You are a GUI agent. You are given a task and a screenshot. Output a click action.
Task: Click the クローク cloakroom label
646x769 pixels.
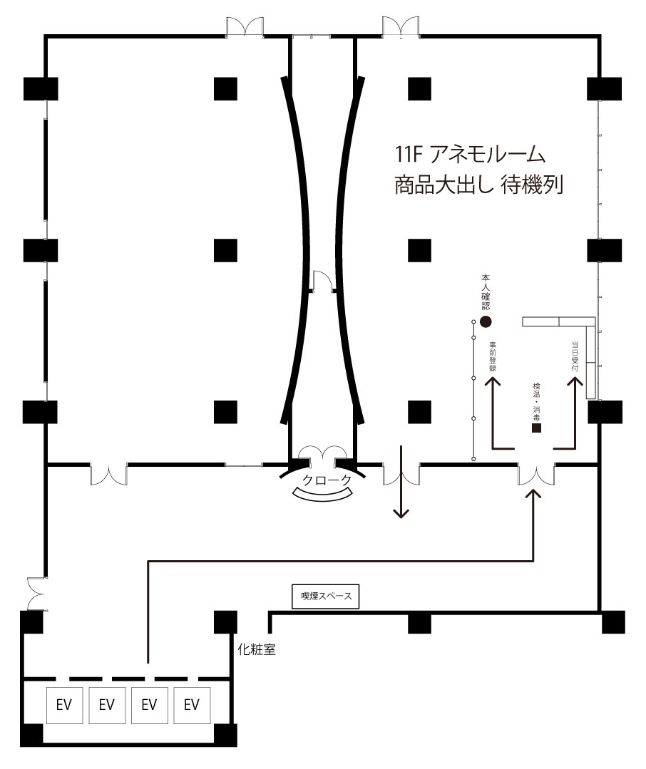pyautogui.click(x=327, y=480)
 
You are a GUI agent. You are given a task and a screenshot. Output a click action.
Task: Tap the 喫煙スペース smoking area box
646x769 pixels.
pyautogui.click(x=326, y=597)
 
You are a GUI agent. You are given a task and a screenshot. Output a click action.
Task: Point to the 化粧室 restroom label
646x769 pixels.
pyautogui.click(x=257, y=649)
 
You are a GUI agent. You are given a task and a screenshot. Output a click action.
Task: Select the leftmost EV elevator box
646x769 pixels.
pyautogui.click(x=64, y=706)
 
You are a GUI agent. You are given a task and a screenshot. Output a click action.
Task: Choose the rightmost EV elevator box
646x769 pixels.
pyautogui.click(x=192, y=706)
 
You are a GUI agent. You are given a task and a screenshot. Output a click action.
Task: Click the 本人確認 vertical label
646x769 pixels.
pyautogui.click(x=486, y=291)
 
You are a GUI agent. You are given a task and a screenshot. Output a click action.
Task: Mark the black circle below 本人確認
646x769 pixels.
pyautogui.click(x=486, y=321)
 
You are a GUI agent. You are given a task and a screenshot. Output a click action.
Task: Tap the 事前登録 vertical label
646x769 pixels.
pyautogui.click(x=493, y=356)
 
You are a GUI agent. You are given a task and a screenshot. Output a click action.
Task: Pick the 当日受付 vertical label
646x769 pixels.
pyautogui.click(x=575, y=356)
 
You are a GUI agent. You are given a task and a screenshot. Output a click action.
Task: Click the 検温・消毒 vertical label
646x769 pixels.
pyautogui.click(x=537, y=402)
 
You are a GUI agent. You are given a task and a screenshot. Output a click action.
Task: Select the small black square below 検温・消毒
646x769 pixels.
pyautogui.click(x=537, y=428)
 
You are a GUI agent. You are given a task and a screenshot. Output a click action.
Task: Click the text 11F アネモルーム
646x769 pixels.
pyautogui.click(x=470, y=155)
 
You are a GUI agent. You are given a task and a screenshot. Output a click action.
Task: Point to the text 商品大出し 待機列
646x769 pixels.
pyautogui.click(x=478, y=185)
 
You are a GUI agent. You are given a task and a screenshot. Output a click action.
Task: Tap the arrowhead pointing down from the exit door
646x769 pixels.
pyautogui.click(x=401, y=513)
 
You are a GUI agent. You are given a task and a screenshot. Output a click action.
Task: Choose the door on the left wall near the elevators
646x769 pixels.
pyautogui.click(x=37, y=594)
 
